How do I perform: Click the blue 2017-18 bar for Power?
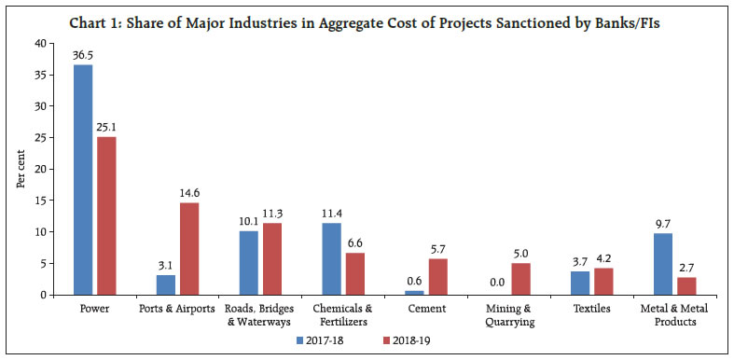pos(83,180)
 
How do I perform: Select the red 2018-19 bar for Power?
pos(105,215)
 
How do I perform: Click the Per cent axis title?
pos(21,168)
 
